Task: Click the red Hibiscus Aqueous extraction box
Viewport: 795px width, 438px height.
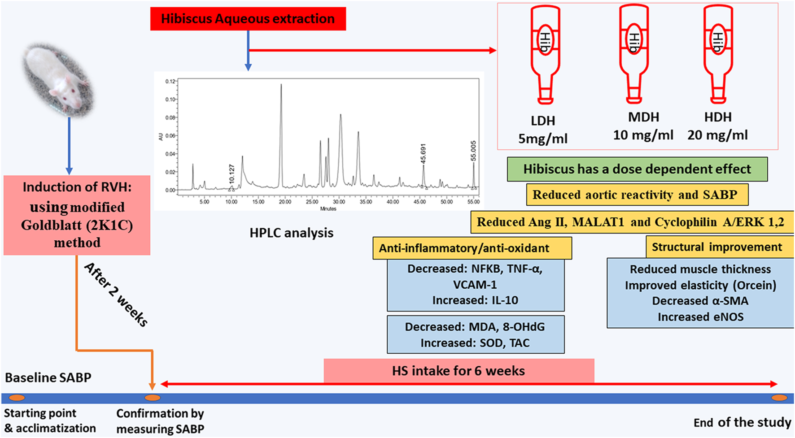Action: coord(248,19)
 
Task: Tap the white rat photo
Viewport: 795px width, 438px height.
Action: coord(59,79)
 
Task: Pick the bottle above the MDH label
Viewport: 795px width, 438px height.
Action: coord(633,54)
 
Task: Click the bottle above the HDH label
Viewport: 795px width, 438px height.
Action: coord(718,54)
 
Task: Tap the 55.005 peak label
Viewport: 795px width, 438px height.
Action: coord(473,151)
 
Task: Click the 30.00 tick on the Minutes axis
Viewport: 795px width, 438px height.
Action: coord(339,202)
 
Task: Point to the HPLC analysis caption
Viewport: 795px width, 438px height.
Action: coord(292,233)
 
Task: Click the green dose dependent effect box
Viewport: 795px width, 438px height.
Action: coord(637,169)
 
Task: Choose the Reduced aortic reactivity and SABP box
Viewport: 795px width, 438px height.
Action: coord(637,195)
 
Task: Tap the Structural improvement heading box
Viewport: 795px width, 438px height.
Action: coord(716,247)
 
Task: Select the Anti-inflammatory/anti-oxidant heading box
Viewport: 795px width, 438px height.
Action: coord(472,248)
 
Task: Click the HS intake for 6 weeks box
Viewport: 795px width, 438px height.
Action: coord(459,371)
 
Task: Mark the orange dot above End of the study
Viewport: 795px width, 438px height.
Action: coord(779,398)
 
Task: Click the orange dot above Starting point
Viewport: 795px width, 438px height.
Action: coord(17,398)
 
